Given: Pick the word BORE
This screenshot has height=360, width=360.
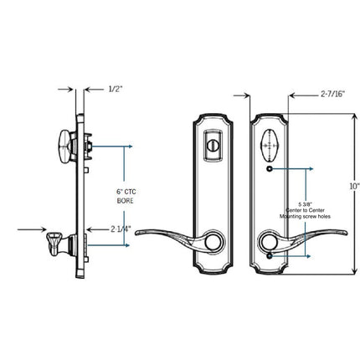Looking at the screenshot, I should click(126, 202).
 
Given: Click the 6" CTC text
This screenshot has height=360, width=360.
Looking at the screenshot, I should click(126, 193).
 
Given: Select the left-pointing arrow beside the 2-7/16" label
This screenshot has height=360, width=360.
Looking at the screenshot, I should click(294, 95).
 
